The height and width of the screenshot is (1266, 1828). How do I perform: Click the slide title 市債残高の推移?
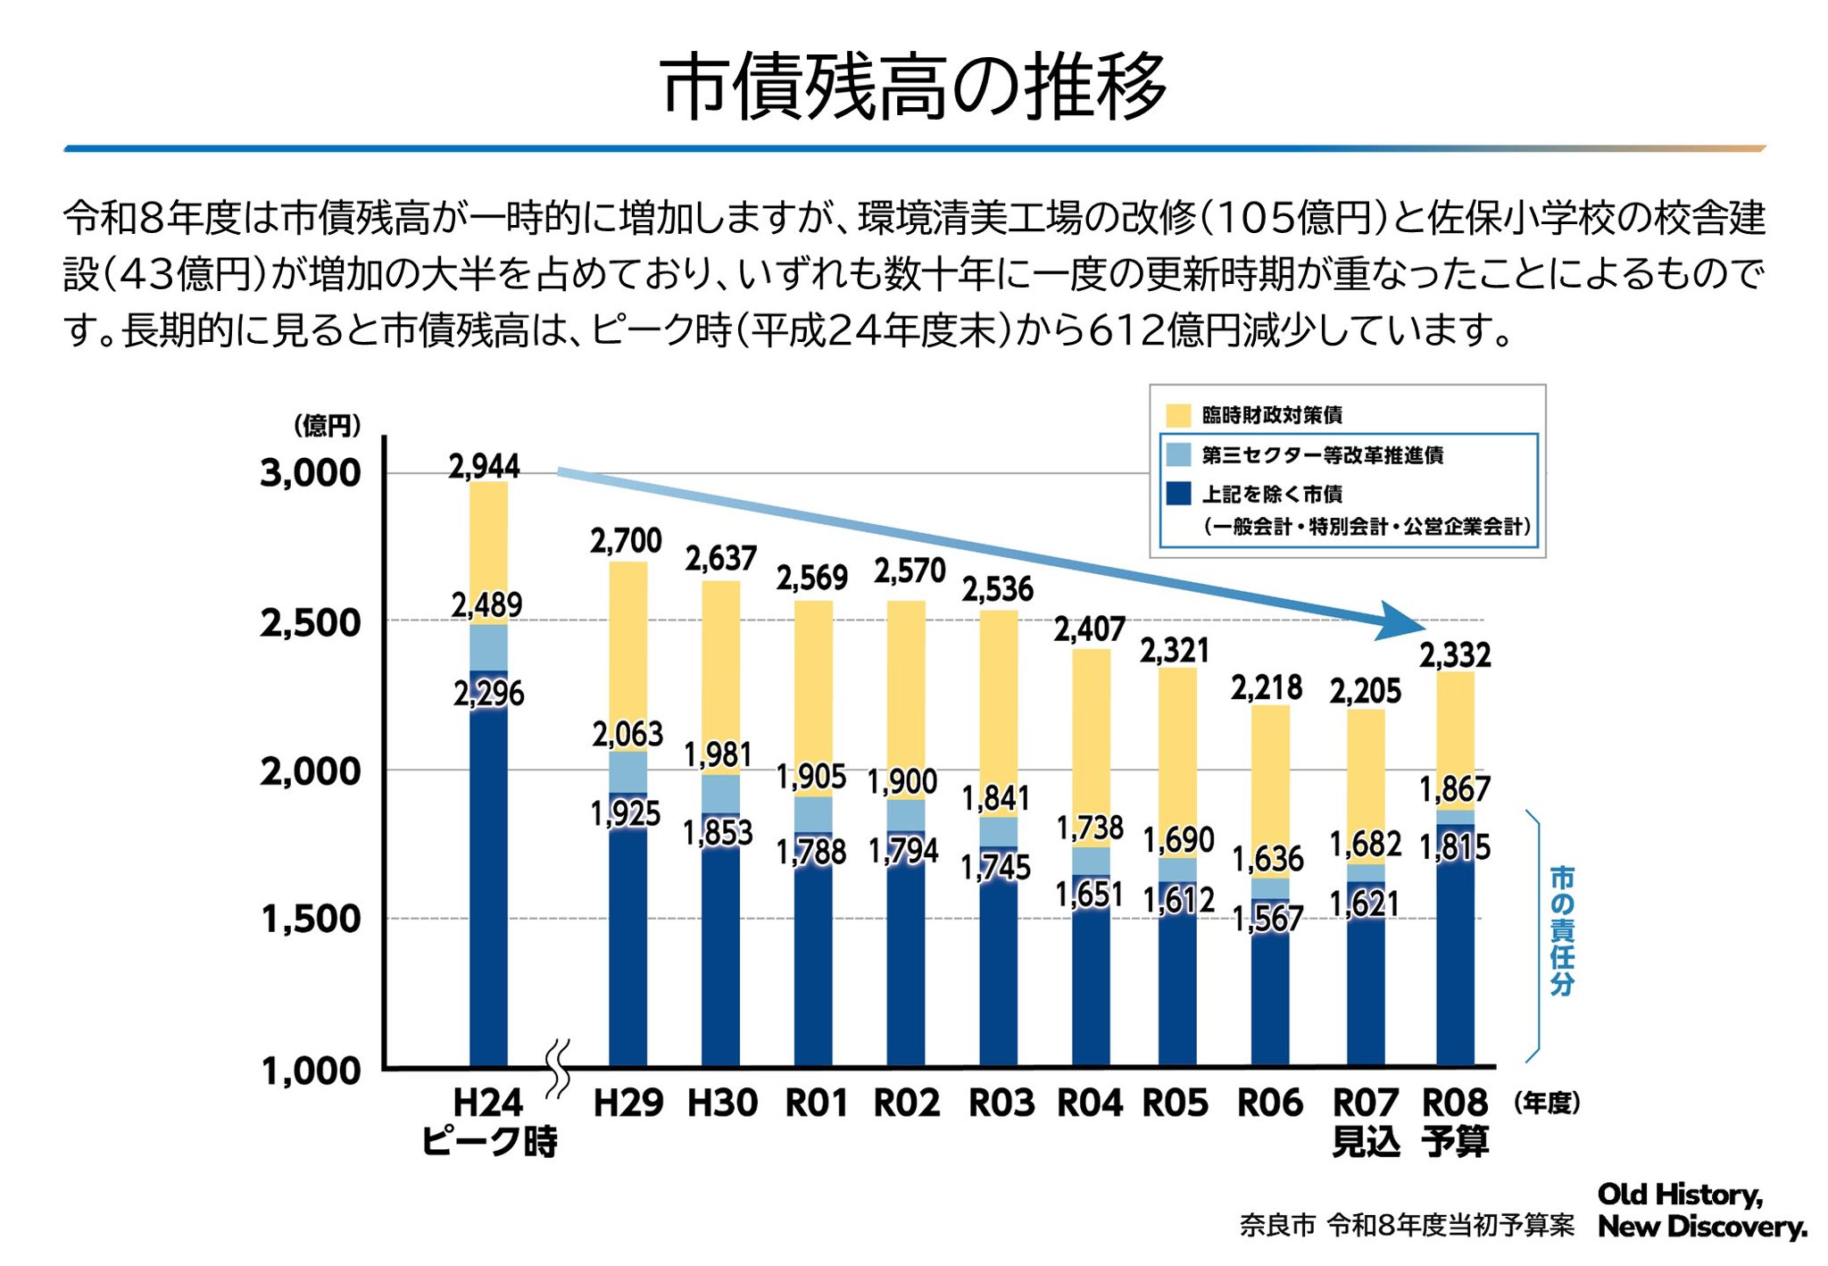point(913,87)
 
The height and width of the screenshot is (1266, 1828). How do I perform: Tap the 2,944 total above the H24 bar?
point(484,466)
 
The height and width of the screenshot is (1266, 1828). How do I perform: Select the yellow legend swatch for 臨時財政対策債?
point(1178,415)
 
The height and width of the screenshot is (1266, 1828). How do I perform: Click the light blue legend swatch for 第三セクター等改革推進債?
point(1178,455)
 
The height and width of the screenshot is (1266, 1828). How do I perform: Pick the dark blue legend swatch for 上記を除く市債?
point(1178,494)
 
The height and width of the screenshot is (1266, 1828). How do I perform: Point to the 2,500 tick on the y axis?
point(311,623)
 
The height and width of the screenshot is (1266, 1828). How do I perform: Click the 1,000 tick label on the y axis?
point(311,1070)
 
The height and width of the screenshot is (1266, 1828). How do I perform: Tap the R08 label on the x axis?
point(1455,1103)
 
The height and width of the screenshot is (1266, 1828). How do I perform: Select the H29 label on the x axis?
point(628,1103)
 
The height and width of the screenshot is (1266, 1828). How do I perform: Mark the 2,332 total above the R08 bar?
point(1455,655)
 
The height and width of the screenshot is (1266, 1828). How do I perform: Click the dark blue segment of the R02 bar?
point(906,964)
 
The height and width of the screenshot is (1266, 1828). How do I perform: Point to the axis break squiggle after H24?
point(558,1067)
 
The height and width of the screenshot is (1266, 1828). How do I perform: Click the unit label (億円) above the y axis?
point(328,426)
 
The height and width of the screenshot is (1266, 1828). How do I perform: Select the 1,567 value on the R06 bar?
point(1268,918)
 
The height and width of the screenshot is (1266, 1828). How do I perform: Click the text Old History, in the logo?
point(1680,1195)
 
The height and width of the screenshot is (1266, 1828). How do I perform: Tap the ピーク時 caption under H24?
point(489,1142)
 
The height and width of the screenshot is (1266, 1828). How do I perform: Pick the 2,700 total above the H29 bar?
point(626,540)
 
